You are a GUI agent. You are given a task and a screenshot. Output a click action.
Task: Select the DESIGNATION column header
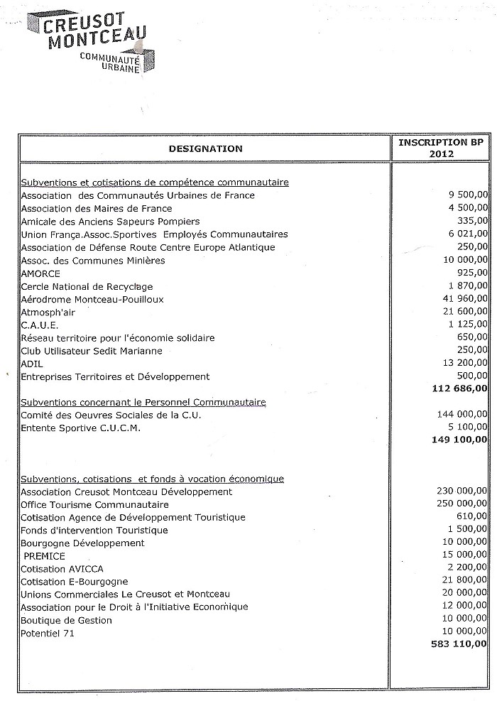[205, 148]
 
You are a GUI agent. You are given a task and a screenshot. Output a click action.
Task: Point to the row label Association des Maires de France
[97, 208]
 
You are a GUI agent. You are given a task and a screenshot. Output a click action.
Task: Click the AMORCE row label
[40, 273]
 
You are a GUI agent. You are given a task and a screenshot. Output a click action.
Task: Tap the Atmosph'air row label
[46, 312]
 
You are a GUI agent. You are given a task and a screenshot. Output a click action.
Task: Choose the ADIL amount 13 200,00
[461, 364]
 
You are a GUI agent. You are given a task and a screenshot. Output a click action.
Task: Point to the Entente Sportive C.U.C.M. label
[81, 428]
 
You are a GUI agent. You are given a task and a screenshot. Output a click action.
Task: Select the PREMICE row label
[44, 556]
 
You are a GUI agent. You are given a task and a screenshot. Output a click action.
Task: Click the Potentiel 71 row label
[48, 633]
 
